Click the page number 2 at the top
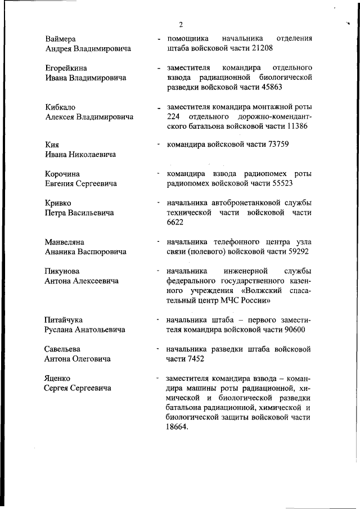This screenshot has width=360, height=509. (x=181, y=24)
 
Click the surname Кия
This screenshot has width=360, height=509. (x=52, y=145)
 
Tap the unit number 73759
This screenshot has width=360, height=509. (x=273, y=145)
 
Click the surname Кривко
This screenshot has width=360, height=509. (x=58, y=202)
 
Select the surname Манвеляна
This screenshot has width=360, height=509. (x=65, y=242)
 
